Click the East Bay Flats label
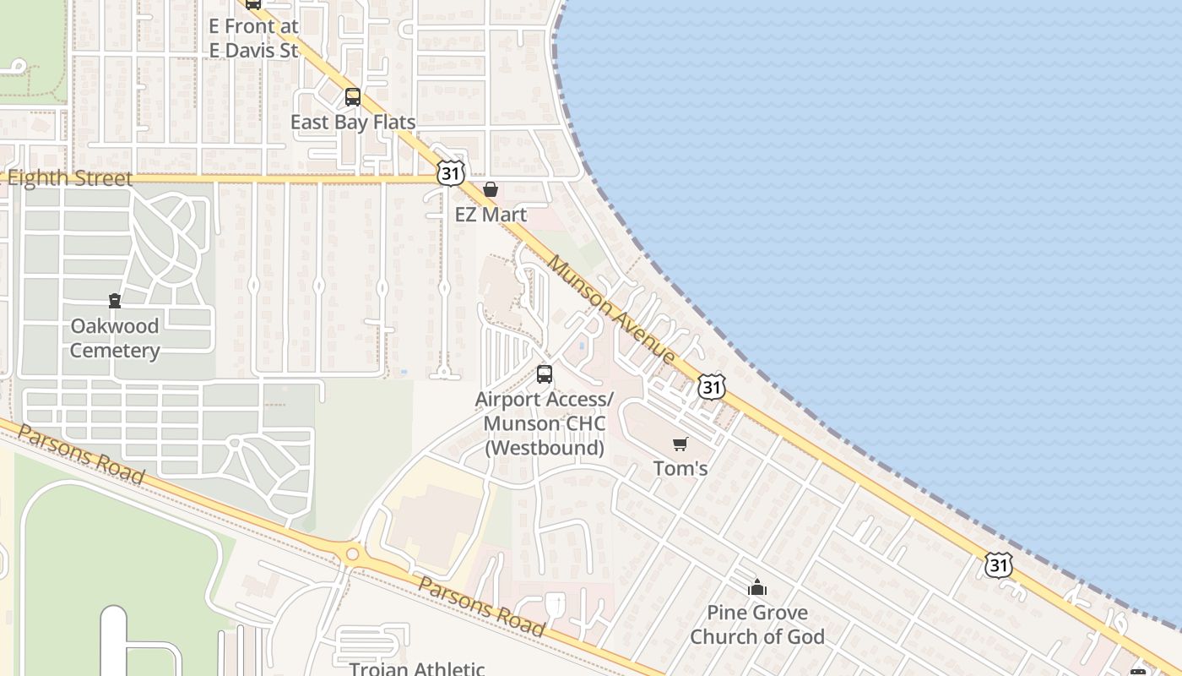tap(353, 123)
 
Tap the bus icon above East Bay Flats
tap(353, 97)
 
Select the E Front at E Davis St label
tap(253, 38)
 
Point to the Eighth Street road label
tap(69, 178)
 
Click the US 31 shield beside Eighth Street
tap(451, 173)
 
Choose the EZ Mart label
tap(491, 215)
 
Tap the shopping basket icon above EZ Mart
tap(491, 189)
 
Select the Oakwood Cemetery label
tap(115, 338)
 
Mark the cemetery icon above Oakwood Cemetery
tap(114, 300)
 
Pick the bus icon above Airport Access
tap(545, 373)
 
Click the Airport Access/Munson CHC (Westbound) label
tap(545, 423)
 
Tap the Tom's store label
tap(680, 468)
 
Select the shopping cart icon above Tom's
tap(680, 444)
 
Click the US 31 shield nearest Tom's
tap(712, 387)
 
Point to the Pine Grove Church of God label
tap(757, 624)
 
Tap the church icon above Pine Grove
tap(757, 587)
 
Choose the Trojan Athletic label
tap(417, 668)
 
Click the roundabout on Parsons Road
tap(352, 554)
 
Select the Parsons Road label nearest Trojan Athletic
tap(481, 607)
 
